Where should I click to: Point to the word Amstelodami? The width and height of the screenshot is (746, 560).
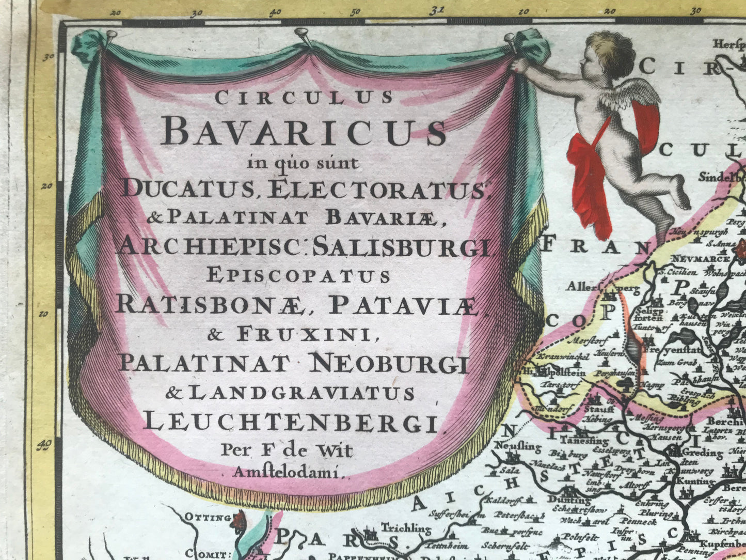click(288, 471)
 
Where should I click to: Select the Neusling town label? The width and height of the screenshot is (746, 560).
click(517, 446)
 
